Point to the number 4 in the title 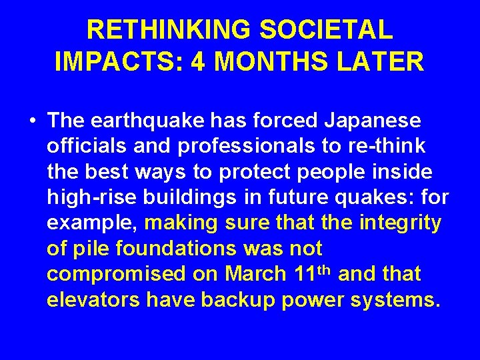198,62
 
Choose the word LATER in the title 387,62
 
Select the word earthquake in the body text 150,121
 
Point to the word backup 237,299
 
